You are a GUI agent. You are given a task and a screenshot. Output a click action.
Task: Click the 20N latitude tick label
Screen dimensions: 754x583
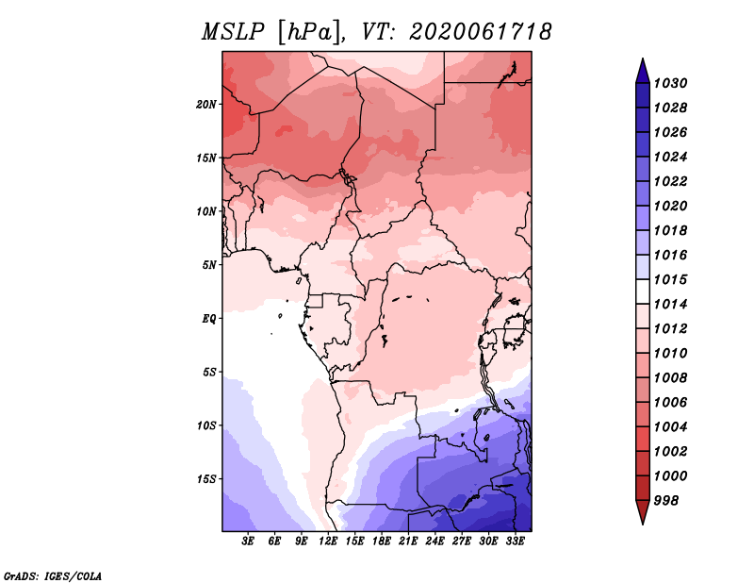pos(206,105)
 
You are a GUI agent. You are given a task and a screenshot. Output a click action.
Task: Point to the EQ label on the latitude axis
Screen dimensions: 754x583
pos(209,319)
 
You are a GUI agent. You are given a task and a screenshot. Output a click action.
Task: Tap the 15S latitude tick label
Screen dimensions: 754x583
pos(206,479)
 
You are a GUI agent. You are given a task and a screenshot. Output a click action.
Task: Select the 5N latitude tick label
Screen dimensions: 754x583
pos(209,265)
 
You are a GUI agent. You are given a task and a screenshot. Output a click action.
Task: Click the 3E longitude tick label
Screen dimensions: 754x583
pos(248,541)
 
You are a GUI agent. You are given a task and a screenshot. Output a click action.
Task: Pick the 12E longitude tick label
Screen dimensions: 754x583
pos(327,541)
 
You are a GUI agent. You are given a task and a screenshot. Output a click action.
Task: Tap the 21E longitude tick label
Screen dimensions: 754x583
pos(408,541)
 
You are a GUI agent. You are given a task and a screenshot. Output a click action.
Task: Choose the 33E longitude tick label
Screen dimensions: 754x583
pos(515,541)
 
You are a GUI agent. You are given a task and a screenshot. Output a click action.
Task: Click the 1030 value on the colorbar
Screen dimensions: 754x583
pos(670,83)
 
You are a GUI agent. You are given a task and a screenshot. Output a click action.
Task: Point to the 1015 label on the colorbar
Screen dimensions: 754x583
pos(670,279)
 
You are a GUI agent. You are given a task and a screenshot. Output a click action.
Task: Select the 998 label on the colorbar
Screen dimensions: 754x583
pos(666,501)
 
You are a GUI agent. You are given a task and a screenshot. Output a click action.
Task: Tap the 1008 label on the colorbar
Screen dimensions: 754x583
pos(670,378)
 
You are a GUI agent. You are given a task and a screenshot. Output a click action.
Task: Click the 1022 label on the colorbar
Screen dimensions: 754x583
pos(670,181)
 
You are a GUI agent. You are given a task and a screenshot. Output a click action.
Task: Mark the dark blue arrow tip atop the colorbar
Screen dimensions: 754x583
pos(643,58)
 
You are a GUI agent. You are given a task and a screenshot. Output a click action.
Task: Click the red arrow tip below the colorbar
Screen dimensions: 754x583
pos(643,524)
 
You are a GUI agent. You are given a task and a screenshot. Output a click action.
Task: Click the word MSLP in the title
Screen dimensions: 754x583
pos(233,32)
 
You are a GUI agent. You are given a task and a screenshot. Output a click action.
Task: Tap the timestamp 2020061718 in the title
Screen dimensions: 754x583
pos(481,32)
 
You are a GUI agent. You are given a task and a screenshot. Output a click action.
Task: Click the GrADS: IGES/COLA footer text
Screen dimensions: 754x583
pos(53,575)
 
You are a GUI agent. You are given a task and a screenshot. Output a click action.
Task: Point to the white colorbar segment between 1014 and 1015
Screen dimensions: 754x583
pos(643,291)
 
